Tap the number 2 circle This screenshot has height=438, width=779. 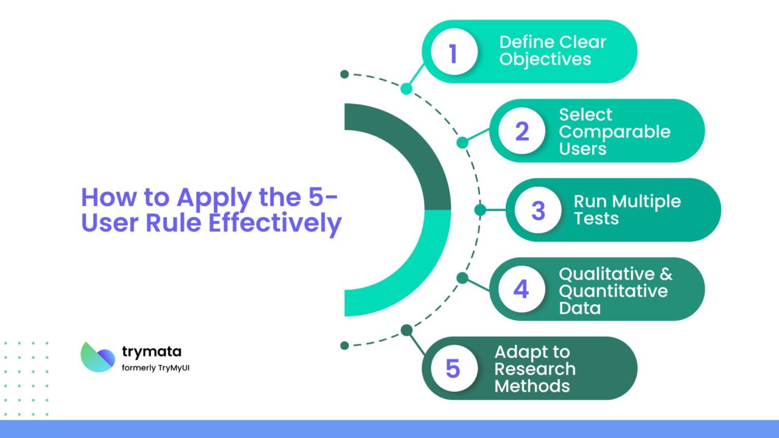pos(522,131)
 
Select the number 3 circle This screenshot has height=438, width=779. pos(538,210)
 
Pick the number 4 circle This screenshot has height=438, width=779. pos(522,289)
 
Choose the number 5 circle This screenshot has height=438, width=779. pos(452,368)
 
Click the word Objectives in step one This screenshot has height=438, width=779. pos(545,60)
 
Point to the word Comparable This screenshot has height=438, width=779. pos(614,131)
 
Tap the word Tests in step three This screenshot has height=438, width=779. pos(596,218)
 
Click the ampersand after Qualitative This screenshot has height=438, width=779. pos(665,274)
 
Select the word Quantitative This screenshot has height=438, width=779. pos(613,291)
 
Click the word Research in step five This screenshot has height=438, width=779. pos(534,369)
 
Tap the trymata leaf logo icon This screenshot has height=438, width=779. pos(97,356)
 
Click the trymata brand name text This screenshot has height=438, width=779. pos(152,351)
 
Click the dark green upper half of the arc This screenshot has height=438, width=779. pos(414,152)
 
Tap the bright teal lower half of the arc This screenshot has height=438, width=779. pos(414,268)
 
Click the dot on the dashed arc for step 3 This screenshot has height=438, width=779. pos(480,210)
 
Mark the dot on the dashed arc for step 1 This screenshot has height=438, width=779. pos(407,89)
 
